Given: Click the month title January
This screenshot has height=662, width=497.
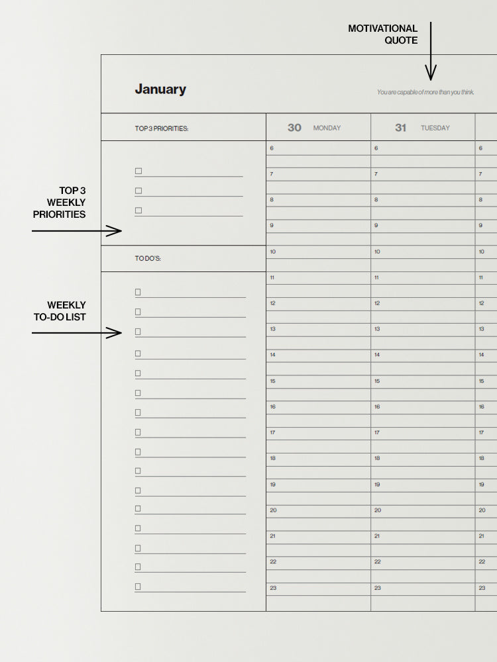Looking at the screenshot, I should coord(160,89).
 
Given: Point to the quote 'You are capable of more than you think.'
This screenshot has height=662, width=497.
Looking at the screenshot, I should coord(425,92).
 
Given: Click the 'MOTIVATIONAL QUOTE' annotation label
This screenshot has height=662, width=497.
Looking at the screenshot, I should coord(383,34).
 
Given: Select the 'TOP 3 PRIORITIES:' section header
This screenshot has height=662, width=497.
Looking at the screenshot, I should coord(162,128).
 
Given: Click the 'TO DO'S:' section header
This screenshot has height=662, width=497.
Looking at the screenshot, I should coord(148,258).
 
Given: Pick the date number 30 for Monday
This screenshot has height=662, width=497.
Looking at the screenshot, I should coord(294,128).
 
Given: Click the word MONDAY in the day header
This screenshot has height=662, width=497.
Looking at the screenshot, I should coord(327,128).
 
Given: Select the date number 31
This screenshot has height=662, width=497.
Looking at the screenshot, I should coord(400,128).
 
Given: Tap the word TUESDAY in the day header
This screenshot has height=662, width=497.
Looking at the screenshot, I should coord(435,128).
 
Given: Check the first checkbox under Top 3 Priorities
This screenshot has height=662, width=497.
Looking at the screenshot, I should coord(138,171).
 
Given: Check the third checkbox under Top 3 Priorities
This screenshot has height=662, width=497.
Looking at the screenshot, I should coord(138,211).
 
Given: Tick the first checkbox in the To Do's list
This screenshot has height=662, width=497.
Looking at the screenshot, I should coord(138,292).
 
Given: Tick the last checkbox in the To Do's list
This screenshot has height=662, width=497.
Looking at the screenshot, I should coord(138,587).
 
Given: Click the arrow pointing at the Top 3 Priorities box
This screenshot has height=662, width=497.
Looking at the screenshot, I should coord(77,231).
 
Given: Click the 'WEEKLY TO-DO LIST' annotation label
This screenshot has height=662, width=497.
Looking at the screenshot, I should coord(60,311).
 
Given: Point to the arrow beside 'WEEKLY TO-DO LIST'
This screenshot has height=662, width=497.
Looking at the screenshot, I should coord(77,333).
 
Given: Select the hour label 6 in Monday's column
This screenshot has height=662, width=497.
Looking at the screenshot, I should coord(272,148).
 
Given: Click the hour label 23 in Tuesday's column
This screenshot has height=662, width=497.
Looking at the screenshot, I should coord(377,588).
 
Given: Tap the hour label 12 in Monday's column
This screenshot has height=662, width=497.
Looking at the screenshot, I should coord(272,303).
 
